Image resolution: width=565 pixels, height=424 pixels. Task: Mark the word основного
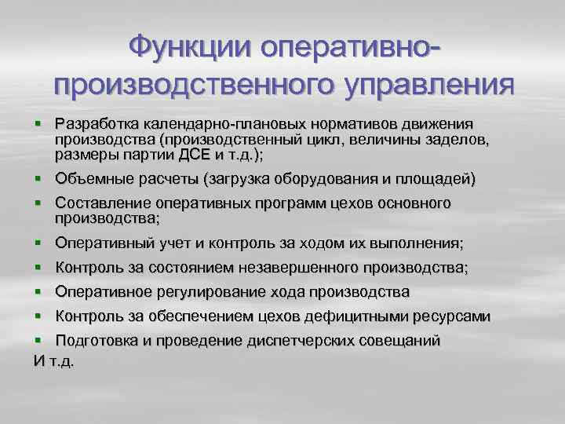(x=414, y=203)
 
